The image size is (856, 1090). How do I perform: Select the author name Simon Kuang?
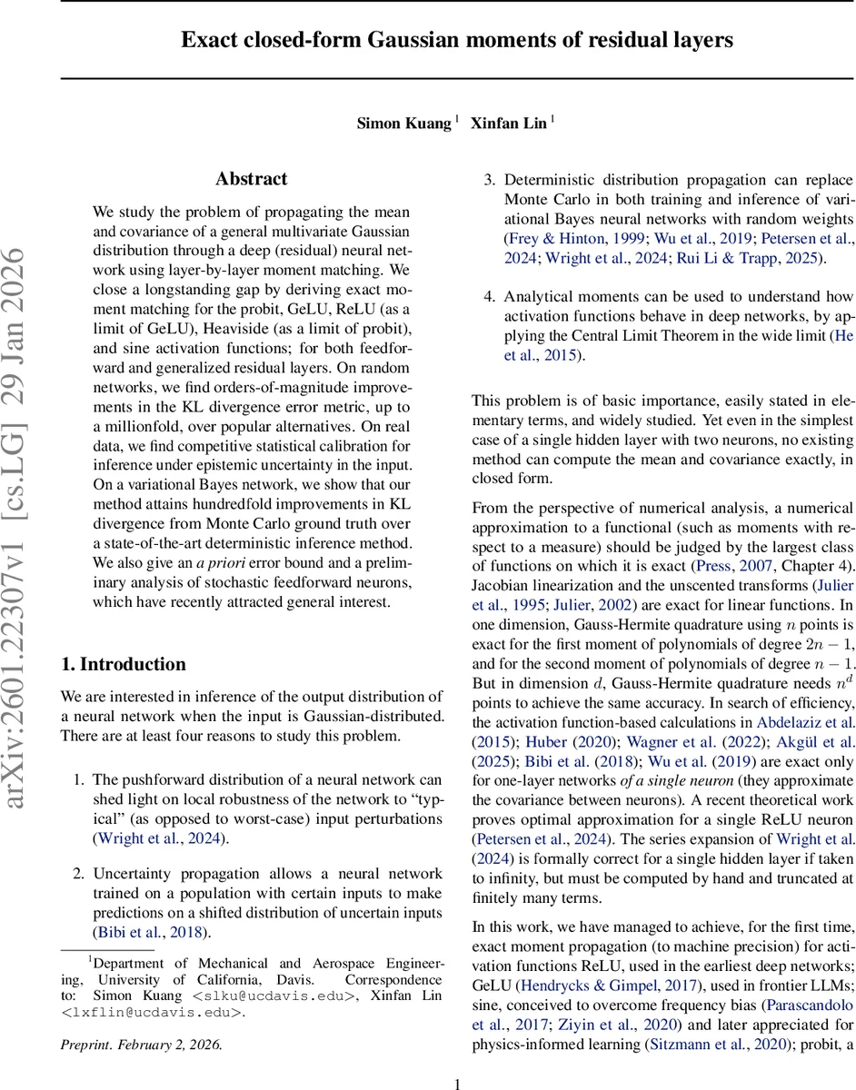click(403, 124)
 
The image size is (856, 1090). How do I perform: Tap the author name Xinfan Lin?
click(508, 124)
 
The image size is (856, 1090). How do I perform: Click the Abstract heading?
click(251, 179)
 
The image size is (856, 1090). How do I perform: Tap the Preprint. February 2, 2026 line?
click(141, 1045)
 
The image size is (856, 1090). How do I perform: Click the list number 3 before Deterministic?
click(488, 180)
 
